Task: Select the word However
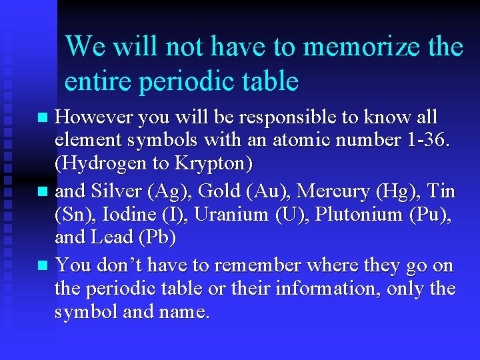pyautogui.click(x=94, y=117)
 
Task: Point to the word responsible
pyautogui.click(x=283, y=117)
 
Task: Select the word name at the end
pyautogui.click(x=185, y=311)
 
